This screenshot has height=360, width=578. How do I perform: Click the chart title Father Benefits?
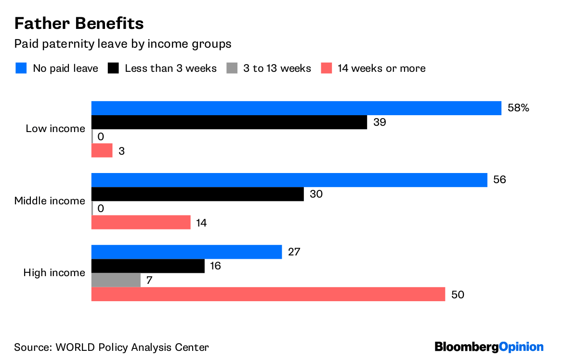tap(79, 23)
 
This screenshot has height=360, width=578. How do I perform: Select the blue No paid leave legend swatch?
tap(21, 68)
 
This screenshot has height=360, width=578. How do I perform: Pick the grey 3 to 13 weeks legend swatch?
tap(231, 68)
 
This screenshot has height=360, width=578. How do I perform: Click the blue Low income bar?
tap(296, 108)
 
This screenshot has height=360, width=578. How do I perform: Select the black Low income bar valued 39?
tap(229, 122)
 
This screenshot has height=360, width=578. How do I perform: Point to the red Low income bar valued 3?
tap(102, 151)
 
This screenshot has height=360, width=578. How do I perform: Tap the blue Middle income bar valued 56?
tap(289, 180)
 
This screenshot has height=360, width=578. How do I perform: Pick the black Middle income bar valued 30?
tap(197, 194)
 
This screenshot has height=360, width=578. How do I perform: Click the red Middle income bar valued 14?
tap(141, 223)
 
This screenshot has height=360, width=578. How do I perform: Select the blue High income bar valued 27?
tap(186, 252)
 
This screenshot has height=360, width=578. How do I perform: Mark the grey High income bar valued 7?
tap(116, 280)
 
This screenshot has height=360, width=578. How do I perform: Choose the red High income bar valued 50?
tap(268, 294)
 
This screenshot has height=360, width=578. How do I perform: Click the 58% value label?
tap(518, 108)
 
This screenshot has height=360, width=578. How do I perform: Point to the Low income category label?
tap(55, 129)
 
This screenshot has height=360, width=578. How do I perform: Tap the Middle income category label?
tap(50, 201)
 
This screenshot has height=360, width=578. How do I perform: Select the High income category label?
tap(54, 273)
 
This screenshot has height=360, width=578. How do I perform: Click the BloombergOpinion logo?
tap(489, 347)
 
